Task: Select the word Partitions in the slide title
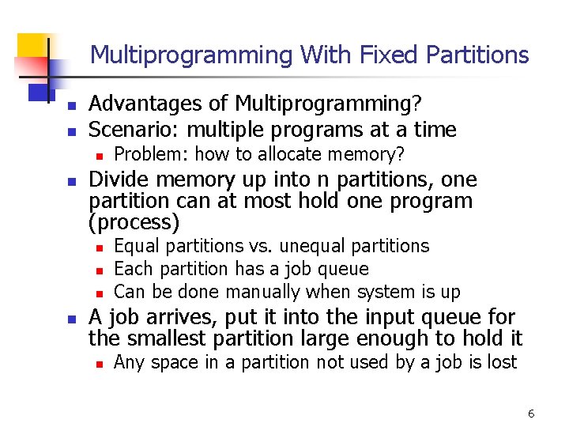[x=482, y=55]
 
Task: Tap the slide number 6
[x=531, y=414]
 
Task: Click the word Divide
[x=116, y=179]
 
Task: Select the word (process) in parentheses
[x=134, y=222]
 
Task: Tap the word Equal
[x=136, y=247]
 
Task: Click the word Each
[x=132, y=269]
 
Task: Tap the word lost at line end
[x=501, y=362]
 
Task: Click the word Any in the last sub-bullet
[x=129, y=362]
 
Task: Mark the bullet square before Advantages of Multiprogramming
[x=70, y=105]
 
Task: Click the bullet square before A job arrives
[x=70, y=319]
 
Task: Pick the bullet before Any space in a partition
[x=96, y=364]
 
